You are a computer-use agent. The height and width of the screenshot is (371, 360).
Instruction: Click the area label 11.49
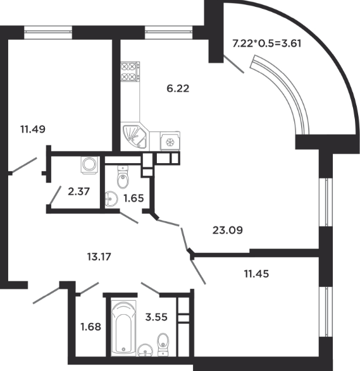[x=33, y=130]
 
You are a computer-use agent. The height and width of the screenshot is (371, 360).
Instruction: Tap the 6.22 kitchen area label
[x=178, y=88]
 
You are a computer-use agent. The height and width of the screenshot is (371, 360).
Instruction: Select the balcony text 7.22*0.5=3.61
[x=267, y=44]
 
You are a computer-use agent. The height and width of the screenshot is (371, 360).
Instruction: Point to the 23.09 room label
[x=228, y=230]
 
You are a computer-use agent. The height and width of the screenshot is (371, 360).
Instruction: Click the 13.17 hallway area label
[x=99, y=257]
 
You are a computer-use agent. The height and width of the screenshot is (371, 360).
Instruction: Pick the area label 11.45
[x=256, y=274]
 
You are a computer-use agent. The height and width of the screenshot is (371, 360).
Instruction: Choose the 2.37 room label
[x=78, y=192]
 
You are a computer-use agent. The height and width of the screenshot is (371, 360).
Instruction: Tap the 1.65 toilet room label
[x=133, y=198]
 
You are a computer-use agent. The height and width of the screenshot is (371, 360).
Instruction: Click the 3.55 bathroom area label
[x=156, y=317]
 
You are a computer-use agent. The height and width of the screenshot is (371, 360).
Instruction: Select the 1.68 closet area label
[x=90, y=327]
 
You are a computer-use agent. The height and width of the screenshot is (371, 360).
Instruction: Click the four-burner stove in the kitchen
[x=130, y=71]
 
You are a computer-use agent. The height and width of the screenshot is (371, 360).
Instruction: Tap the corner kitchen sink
[x=134, y=137]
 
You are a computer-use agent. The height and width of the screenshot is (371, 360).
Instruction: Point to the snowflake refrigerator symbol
[x=170, y=142]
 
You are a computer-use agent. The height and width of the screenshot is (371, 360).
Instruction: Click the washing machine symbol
[x=89, y=165]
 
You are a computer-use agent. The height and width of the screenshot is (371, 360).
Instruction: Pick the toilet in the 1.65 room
[x=123, y=177]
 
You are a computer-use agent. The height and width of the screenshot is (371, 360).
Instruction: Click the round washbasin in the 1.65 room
[x=111, y=198]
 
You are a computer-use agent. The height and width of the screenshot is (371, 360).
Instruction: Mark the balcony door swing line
[x=233, y=64]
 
